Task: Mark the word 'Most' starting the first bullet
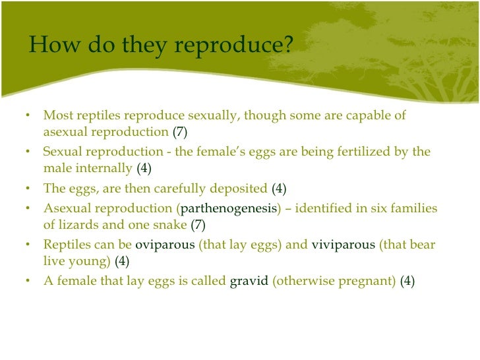(57, 115)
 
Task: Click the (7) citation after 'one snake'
(198, 225)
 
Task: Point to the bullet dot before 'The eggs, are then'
(28, 189)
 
